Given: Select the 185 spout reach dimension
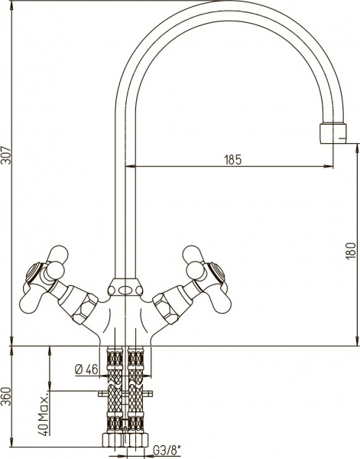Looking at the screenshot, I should click(x=233, y=160).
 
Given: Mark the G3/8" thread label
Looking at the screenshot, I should click(x=167, y=451).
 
